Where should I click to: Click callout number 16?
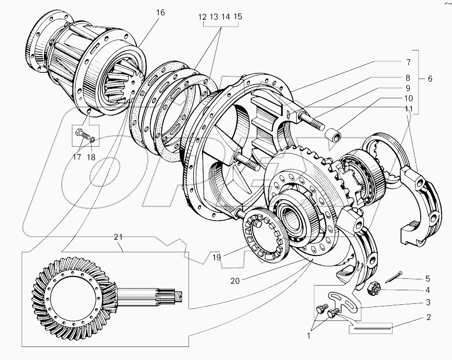(160, 12)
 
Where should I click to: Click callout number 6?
(430, 79)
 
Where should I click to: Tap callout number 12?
(202, 17)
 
